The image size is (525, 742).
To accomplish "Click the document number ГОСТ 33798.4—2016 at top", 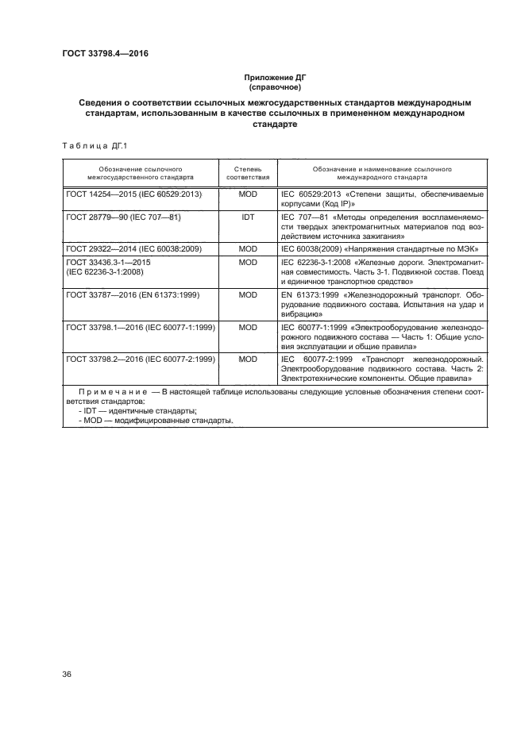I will tap(105, 54).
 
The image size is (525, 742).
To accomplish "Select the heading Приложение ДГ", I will tap(274, 77).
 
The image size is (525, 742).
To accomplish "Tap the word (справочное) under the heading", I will tap(274, 87).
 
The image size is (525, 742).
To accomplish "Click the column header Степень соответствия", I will tap(248, 174).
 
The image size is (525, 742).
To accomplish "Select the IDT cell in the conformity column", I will tap(248, 216).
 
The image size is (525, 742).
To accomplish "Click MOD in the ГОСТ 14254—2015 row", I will tap(248, 194).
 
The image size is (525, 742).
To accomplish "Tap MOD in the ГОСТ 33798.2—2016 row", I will tap(248, 359).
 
